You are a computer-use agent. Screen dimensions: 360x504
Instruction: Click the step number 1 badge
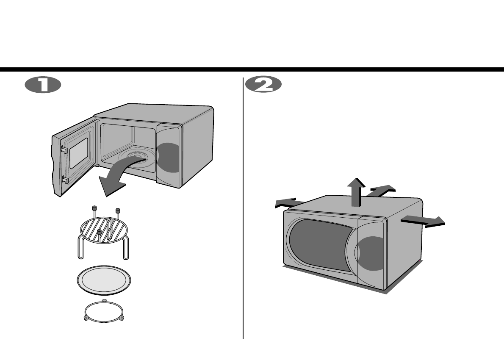(x=43, y=85)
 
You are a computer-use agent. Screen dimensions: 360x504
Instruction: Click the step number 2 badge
(x=263, y=85)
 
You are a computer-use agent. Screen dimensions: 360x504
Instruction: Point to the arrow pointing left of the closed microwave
(x=288, y=203)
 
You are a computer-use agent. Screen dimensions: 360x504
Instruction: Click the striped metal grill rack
(x=104, y=231)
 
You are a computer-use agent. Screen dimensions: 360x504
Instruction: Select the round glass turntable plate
(x=104, y=281)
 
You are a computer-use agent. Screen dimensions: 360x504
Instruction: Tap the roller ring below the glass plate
(x=104, y=313)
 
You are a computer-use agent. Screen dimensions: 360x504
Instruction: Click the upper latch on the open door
(x=64, y=150)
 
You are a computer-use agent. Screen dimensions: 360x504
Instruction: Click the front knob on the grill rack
(x=99, y=232)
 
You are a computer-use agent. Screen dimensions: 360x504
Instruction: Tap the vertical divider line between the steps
(x=243, y=212)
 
